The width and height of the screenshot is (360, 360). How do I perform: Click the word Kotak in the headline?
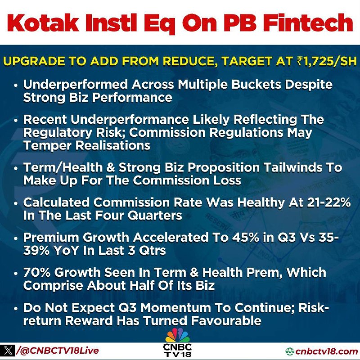pos(43,23)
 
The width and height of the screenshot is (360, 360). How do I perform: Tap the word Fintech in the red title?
pos(308,23)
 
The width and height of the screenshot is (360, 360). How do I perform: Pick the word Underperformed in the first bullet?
pos(76,84)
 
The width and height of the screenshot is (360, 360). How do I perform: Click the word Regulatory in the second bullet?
pos(58,133)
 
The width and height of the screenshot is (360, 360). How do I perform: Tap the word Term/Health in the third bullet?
pos(63,167)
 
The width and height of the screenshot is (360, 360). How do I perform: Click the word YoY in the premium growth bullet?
pos(66,251)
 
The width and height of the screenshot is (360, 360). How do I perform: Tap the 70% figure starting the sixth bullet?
pos(37,273)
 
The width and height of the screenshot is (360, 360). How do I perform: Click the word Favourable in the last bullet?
pos(226,320)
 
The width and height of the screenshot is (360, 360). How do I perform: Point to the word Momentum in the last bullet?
pos(175,308)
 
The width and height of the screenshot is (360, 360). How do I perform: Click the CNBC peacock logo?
pos(178,336)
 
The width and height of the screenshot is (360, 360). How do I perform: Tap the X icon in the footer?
pos(8,351)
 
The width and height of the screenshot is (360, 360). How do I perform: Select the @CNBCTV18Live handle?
pos(58,351)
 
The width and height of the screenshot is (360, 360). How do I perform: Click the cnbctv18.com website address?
pos(326,351)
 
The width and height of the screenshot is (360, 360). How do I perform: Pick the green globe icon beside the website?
pos(290,351)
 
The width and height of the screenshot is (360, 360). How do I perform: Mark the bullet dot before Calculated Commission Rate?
pos(16,203)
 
